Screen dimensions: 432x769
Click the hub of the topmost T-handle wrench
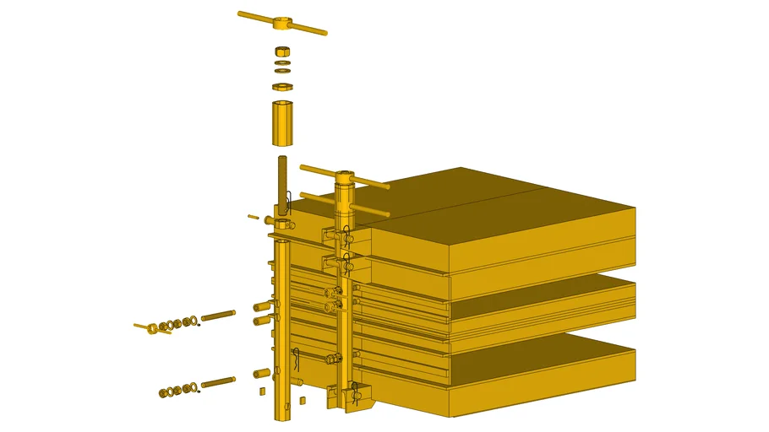point(282,23)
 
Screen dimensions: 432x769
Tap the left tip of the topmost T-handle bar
point(241,13)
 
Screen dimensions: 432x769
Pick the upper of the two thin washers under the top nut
point(283,62)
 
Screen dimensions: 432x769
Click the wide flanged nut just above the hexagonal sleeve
point(283,86)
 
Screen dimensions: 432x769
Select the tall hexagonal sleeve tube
point(283,123)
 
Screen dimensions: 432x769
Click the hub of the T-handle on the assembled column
point(346,178)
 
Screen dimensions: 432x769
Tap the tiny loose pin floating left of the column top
point(253,217)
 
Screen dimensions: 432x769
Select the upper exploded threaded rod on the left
point(218,315)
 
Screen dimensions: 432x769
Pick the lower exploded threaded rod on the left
point(218,382)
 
